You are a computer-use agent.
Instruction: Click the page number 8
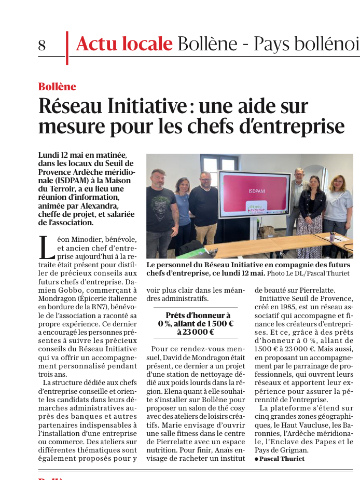[42, 46]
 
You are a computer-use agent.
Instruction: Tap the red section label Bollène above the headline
[57, 87]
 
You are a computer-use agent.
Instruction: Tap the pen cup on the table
[333, 237]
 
